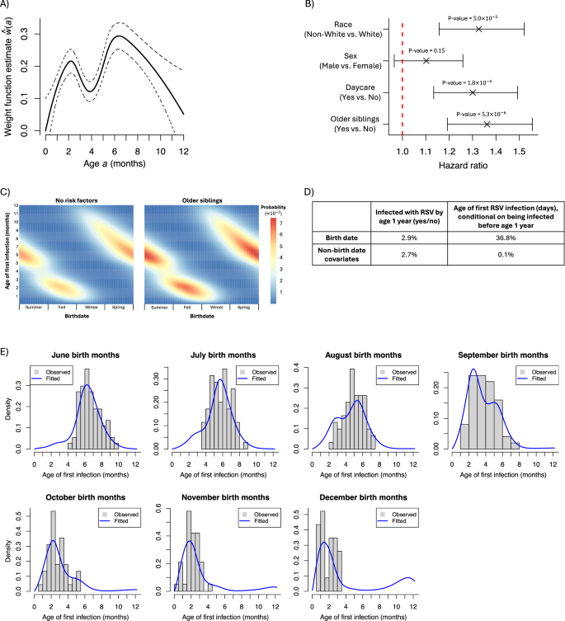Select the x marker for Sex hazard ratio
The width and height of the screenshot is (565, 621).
click(426, 61)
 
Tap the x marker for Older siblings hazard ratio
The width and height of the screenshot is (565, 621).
click(487, 124)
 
